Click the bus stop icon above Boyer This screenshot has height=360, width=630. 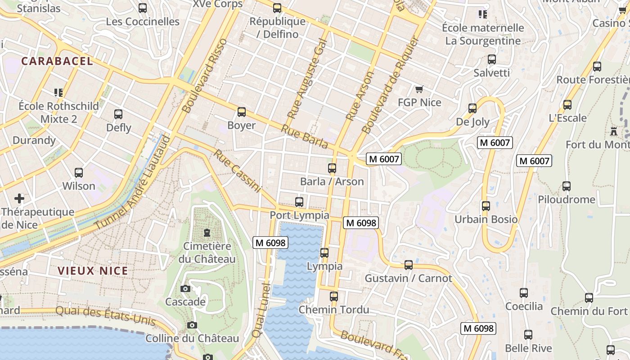pos(242,112)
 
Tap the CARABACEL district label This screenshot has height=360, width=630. pos(57,61)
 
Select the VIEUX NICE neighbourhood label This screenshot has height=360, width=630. pos(93,271)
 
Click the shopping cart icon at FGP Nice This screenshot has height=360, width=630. pos(419,89)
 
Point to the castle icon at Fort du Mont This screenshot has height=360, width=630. pos(613,131)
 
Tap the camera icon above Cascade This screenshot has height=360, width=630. pos(185,288)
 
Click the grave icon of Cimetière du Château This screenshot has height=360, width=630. pos(207,233)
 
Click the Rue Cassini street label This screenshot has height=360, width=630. pos(237,171)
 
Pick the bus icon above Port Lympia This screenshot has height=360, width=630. pos(299,202)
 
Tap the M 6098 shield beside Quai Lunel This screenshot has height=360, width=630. pos(270,243)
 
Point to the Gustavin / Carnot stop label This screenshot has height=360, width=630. pos(408,278)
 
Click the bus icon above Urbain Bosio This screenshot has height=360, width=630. pos(486,206)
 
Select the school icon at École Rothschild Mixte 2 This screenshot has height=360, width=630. pos(58,93)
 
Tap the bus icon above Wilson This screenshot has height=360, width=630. pos(79,173)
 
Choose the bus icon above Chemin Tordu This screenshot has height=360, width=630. pos(333,297)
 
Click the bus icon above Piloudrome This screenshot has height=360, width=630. pos(567,186)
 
